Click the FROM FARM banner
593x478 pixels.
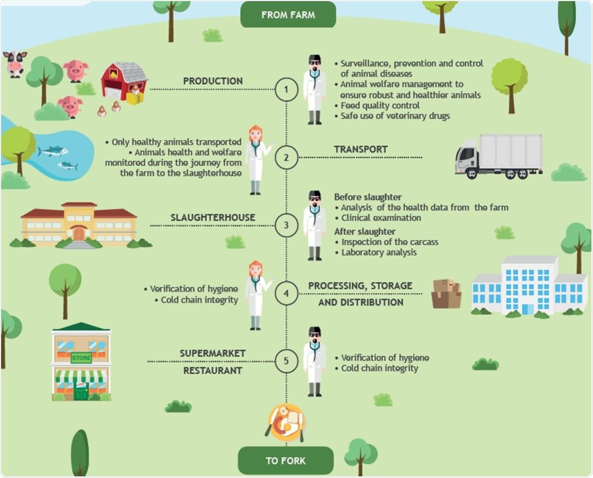(288, 14)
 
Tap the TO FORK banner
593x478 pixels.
(286, 460)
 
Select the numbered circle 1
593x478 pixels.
(286, 90)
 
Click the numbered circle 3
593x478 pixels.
(286, 225)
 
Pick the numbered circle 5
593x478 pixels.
(286, 361)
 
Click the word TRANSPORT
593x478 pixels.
(360, 149)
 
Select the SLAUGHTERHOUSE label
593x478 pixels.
(213, 217)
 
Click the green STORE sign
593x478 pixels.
(81, 358)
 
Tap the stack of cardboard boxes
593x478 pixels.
(447, 293)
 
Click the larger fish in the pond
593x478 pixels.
(53, 151)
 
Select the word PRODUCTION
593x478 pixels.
(213, 81)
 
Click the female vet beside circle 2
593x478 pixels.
(256, 160)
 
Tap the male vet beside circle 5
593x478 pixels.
(315, 361)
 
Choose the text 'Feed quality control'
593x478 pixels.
(380, 105)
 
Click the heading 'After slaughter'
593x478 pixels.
(365, 231)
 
